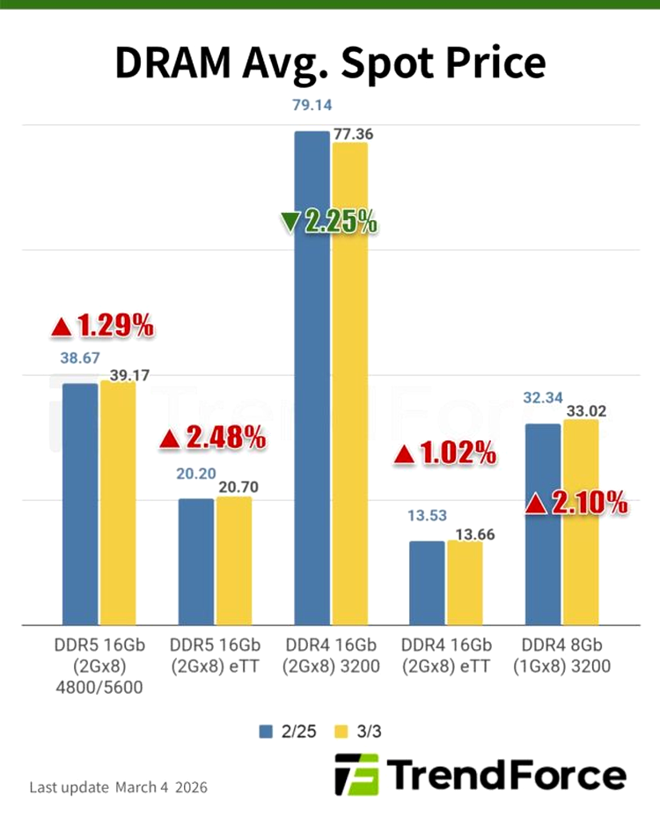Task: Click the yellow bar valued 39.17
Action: tap(118, 502)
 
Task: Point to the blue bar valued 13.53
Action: tap(428, 582)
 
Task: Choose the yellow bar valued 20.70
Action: tap(234, 560)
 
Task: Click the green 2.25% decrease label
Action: tap(329, 222)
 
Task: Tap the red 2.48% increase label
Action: tap(211, 438)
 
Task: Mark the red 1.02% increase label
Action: tap(445, 454)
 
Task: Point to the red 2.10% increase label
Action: tap(576, 503)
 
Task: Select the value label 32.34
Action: tap(542, 398)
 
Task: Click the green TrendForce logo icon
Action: tap(356, 775)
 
